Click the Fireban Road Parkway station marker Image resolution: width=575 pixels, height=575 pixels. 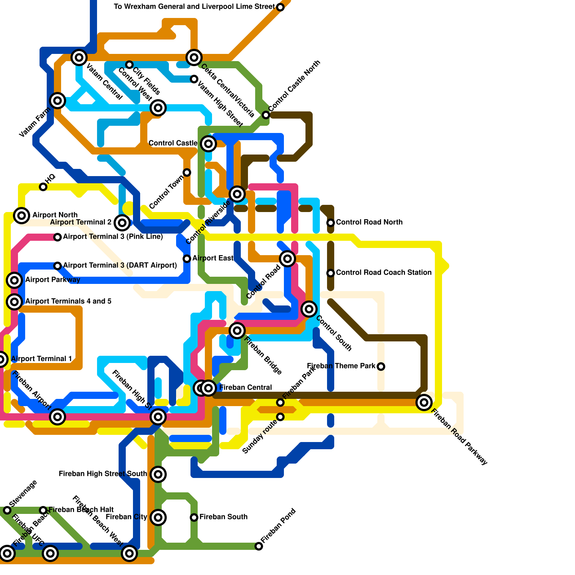[x=424, y=402]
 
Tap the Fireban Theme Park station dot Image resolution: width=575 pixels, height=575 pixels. [x=381, y=367]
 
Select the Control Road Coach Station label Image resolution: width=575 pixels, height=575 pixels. [x=383, y=272]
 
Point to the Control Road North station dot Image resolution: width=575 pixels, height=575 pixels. [x=331, y=223]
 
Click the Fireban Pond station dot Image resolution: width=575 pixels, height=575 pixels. [x=259, y=546]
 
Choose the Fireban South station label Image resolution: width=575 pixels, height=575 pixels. [x=224, y=517]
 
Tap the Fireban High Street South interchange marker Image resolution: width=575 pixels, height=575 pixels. [x=158, y=474]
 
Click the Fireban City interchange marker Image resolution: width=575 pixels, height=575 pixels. [x=158, y=517]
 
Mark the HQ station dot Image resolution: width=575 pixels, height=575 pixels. [x=43, y=187]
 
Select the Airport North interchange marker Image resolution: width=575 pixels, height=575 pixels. [x=22, y=216]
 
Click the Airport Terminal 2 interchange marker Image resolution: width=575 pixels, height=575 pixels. [x=122, y=223]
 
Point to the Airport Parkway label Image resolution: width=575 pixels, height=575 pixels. [x=52, y=280]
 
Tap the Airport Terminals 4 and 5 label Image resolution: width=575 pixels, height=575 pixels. [x=68, y=301]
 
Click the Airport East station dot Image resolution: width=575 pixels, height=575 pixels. [x=187, y=259]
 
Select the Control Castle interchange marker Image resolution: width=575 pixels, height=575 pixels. [x=208, y=144]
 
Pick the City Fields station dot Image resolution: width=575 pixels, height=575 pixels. [x=129, y=65]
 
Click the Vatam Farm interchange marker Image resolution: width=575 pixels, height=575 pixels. [x=57, y=101]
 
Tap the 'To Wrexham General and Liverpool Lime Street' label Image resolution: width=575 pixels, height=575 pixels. [x=194, y=6]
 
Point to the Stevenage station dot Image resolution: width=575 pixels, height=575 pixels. [x=7, y=510]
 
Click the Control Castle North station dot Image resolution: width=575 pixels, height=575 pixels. [x=266, y=115]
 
